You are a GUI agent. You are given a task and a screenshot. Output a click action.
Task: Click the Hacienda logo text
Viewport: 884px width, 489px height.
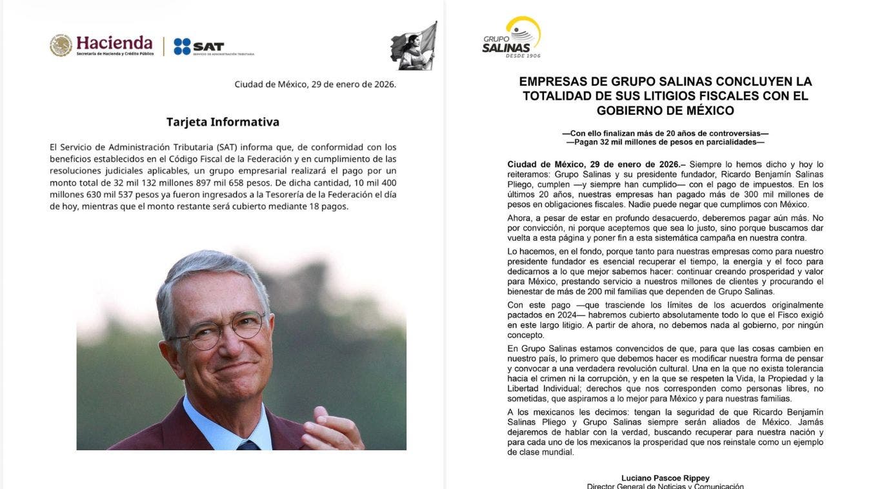click(114, 43)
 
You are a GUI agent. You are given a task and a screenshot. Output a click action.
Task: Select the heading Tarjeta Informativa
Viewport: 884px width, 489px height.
click(223, 122)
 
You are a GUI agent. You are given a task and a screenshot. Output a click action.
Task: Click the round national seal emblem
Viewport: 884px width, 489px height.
click(61, 45)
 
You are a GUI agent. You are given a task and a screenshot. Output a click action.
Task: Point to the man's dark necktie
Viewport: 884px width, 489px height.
click(248, 445)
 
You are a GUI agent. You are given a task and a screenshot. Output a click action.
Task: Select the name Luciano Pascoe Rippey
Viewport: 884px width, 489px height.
click(665, 478)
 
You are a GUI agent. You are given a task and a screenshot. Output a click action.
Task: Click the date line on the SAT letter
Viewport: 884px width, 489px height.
click(315, 84)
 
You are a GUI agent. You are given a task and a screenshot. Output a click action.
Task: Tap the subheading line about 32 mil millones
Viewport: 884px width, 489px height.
click(665, 142)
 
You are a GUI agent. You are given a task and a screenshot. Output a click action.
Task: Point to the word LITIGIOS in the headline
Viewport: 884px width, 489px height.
click(654, 96)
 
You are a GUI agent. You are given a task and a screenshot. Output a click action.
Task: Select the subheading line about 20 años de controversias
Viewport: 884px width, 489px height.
click(665, 133)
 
